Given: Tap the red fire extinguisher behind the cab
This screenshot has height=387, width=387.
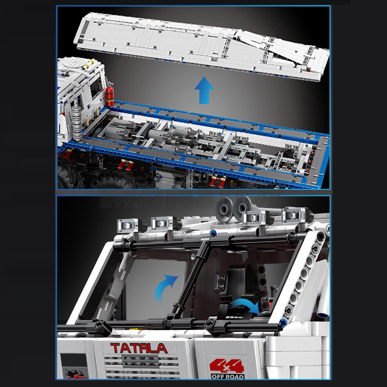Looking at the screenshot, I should coord(110,94).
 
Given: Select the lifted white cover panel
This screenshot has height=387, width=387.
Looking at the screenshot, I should coord(203,46).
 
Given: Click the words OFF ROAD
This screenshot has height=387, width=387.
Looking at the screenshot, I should coord(227,376).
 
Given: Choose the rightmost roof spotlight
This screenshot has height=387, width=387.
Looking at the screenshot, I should coord(295,215).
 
